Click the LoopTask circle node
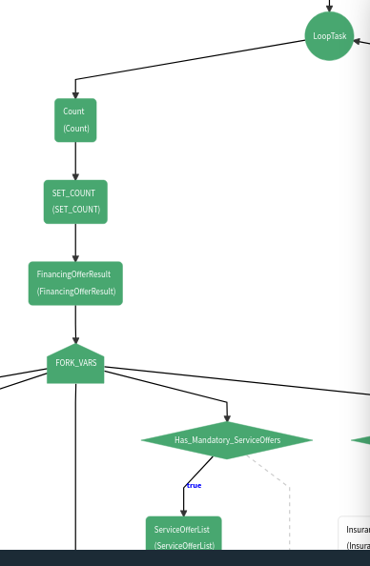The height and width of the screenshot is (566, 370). pyautogui.click(x=329, y=36)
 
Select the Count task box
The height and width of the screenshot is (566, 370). pyautogui.click(x=75, y=120)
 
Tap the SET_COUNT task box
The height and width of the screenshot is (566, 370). pyautogui.click(x=75, y=201)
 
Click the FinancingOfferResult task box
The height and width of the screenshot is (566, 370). pyautogui.click(x=75, y=283)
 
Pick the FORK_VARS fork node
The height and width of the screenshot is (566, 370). pyautogui.click(x=75, y=364)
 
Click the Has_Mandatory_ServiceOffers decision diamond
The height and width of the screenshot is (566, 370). pyautogui.click(x=227, y=440)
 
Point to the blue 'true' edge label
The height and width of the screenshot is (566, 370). pyautogui.click(x=194, y=486)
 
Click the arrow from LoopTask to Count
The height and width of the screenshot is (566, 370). pyautogui.click(x=191, y=59)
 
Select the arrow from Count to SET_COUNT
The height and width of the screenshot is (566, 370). pyautogui.click(x=75, y=160)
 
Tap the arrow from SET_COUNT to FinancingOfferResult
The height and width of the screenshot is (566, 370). pyautogui.click(x=75, y=242)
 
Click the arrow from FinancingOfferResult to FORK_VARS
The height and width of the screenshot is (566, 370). pyautogui.click(x=75, y=324)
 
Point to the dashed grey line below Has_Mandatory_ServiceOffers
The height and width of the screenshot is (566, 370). pyautogui.click(x=277, y=476)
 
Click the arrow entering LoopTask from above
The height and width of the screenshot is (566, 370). pyautogui.click(x=329, y=6)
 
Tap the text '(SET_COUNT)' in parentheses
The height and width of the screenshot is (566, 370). pyautogui.click(x=75, y=210)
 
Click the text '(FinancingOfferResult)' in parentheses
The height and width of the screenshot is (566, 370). pyautogui.click(x=75, y=292)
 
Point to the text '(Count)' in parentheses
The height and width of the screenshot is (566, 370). pyautogui.click(x=75, y=129)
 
